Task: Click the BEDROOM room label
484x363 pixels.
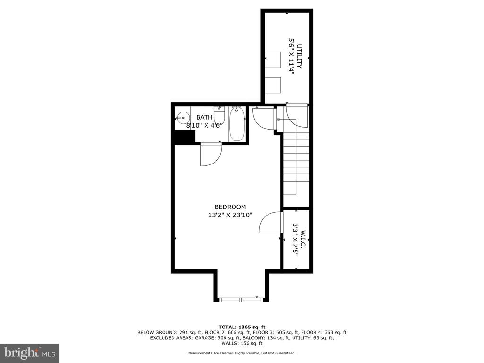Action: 230,207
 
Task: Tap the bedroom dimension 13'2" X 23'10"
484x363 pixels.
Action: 230,215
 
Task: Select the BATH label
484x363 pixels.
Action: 204,117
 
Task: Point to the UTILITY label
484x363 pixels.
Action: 299,57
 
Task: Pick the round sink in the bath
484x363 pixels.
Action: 182,118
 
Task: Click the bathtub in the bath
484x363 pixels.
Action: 237,124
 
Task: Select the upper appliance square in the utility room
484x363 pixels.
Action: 273,60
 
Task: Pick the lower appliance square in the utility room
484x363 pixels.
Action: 273,85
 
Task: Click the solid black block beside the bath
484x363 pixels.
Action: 185,137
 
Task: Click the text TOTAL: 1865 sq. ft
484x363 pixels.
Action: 242,327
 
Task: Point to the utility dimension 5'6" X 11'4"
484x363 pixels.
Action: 291,57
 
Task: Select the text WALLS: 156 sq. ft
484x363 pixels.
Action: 242,343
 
